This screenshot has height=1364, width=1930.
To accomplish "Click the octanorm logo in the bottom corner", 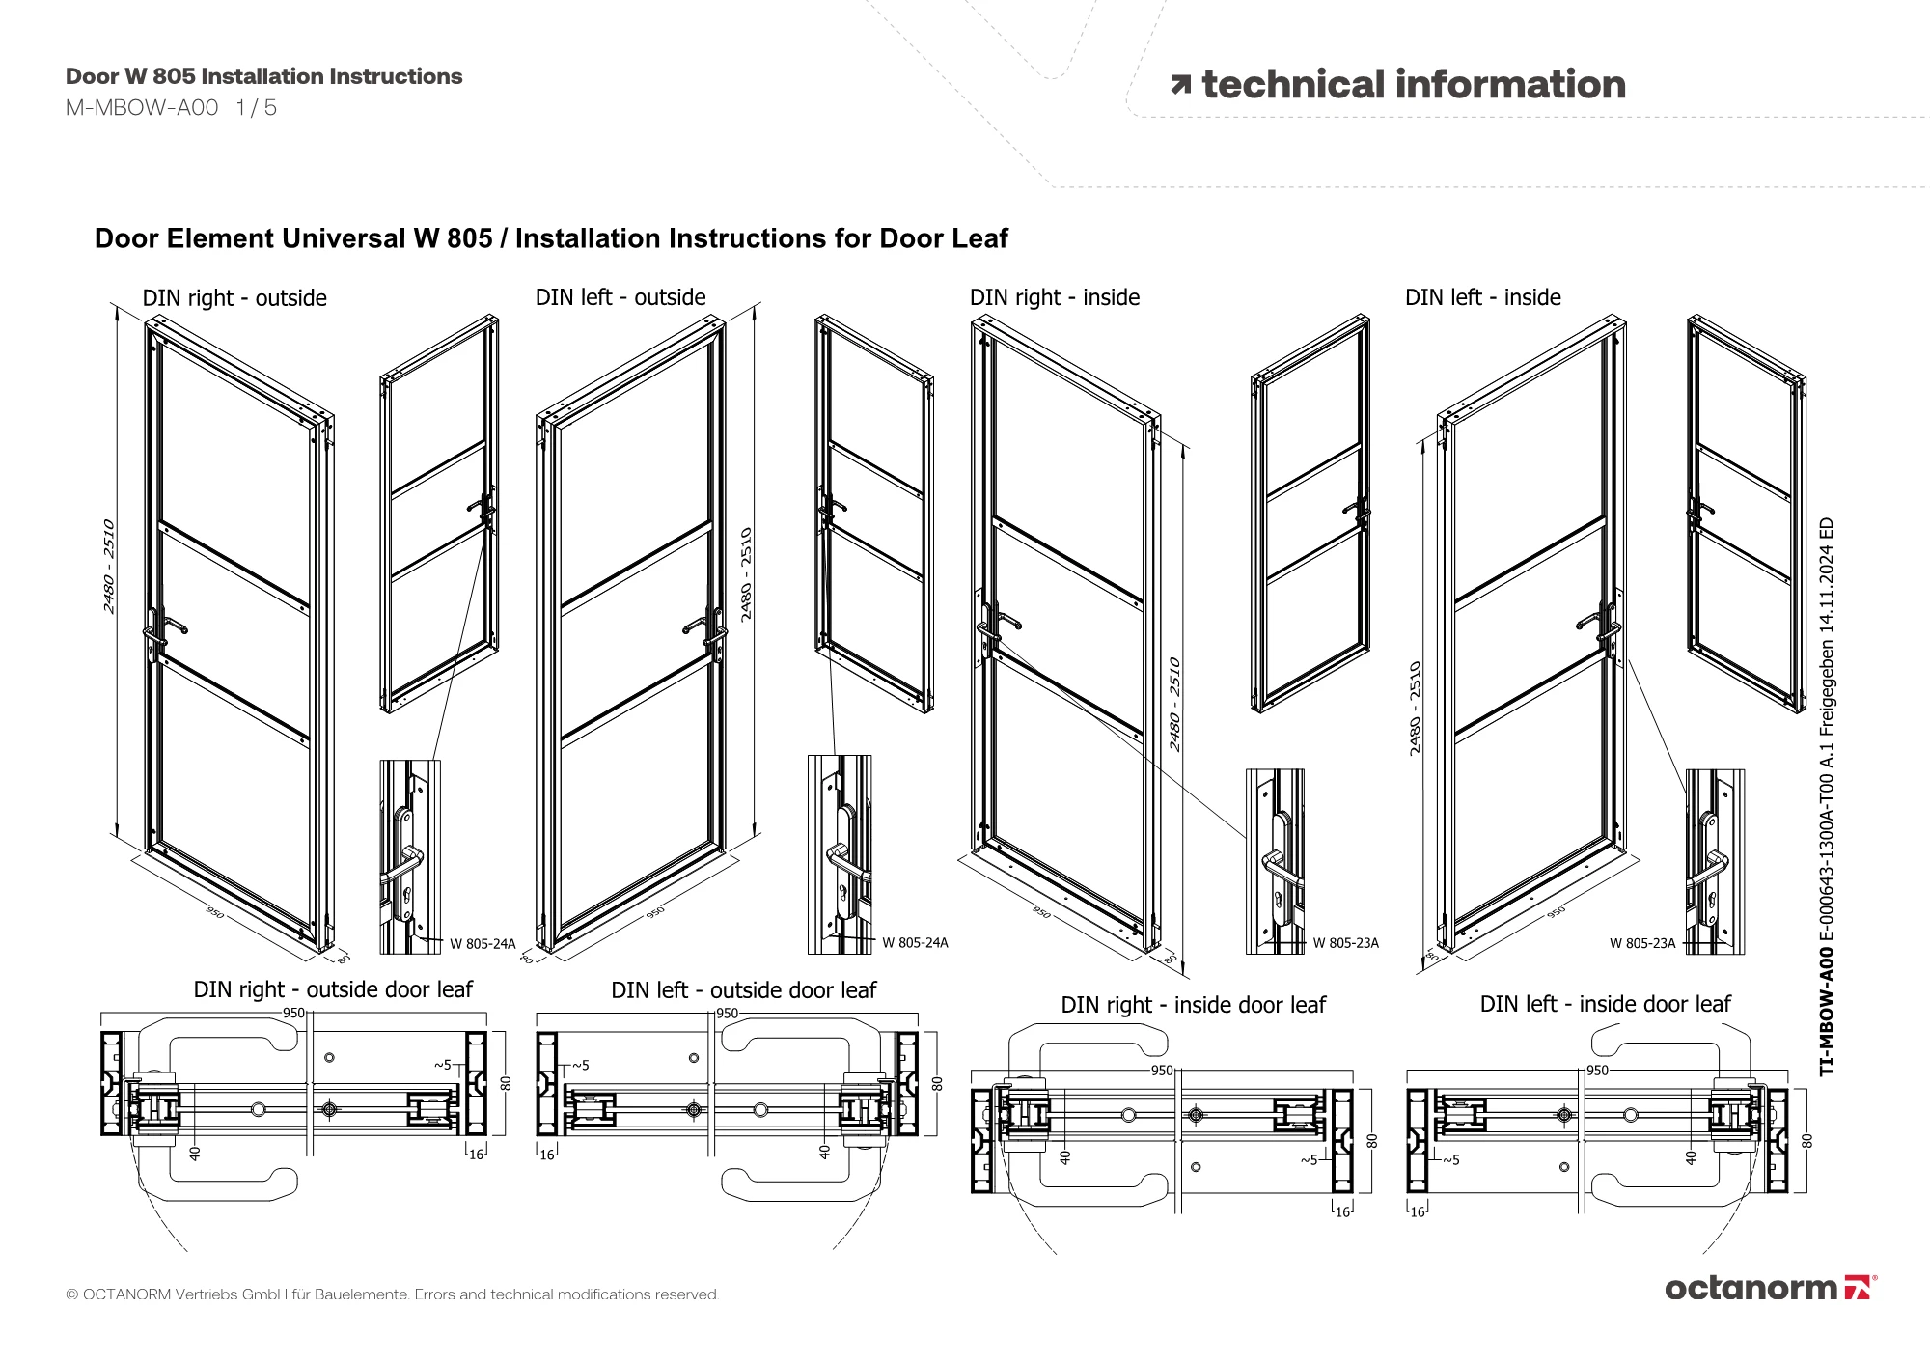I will pyautogui.click(x=1770, y=1288).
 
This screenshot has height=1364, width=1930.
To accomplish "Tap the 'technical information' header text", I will pyautogui.click(x=1413, y=85).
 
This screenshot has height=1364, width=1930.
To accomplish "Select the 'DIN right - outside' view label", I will pyautogui.click(x=234, y=298).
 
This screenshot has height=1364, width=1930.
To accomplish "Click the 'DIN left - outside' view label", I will pyautogui.click(x=620, y=297).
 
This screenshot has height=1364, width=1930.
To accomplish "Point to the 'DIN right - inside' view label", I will pyautogui.click(x=1055, y=297).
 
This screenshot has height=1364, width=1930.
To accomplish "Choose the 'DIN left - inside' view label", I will pyautogui.click(x=1483, y=297).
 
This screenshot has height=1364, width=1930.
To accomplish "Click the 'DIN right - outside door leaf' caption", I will pyautogui.click(x=333, y=989).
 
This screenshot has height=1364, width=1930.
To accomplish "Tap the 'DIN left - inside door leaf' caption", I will pyautogui.click(x=1605, y=1004).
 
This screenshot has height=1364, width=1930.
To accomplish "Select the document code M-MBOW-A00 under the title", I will pyautogui.click(x=142, y=108).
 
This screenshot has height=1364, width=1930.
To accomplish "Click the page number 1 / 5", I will pyautogui.click(x=257, y=108).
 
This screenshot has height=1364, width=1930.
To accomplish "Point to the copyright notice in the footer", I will pyautogui.click(x=392, y=1294).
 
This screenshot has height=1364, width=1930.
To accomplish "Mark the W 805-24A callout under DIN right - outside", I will pyautogui.click(x=482, y=943).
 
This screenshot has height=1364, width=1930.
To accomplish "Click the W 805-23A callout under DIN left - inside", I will pyautogui.click(x=1642, y=943).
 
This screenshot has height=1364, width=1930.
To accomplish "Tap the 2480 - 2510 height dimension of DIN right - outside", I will pyautogui.click(x=109, y=567).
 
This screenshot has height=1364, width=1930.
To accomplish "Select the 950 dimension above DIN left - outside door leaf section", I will pyautogui.click(x=727, y=1014).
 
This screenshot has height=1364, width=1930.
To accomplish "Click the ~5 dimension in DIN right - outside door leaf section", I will pyautogui.click(x=442, y=1065).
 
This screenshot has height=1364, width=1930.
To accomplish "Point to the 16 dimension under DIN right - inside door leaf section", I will pyautogui.click(x=1342, y=1211).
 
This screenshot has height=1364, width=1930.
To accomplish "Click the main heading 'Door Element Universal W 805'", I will pyautogui.click(x=293, y=238).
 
